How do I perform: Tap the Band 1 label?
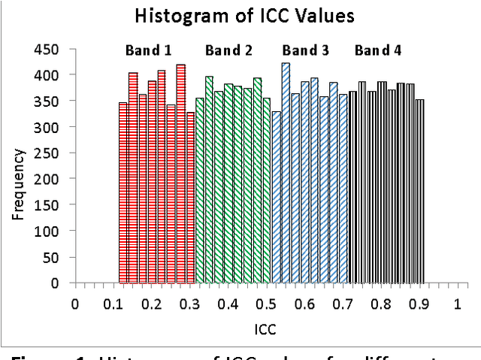[x=148, y=51]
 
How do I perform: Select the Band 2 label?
[x=228, y=51]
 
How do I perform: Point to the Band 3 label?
[x=305, y=51]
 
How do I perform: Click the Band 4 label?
[x=378, y=51]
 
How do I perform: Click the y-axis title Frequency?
[x=19, y=184]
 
